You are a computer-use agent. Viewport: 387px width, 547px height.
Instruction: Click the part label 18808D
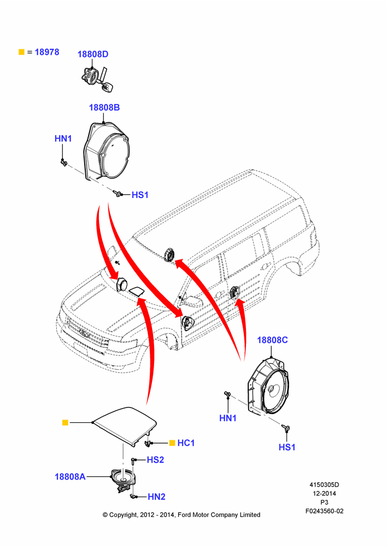93,54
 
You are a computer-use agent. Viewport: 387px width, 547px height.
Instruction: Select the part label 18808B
104,107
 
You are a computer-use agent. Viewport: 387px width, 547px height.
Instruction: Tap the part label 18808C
272,340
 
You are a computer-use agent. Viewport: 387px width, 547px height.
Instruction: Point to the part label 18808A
70,476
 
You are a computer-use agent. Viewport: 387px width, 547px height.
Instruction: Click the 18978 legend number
47,52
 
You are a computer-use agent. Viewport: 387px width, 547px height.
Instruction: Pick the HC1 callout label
186,443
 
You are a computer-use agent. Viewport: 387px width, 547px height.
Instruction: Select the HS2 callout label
155,460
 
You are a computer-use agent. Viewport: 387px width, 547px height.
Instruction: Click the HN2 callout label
156,497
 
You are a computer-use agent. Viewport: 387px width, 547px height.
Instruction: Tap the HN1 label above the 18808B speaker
63,138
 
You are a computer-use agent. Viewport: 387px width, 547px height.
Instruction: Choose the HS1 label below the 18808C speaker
287,447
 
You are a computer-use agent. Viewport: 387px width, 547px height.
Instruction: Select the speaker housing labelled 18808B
107,151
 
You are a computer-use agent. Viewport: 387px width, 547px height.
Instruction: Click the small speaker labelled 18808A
123,480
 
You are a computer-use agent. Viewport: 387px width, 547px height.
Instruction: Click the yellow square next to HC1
172,443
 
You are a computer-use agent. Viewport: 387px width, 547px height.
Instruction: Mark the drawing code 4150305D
324,485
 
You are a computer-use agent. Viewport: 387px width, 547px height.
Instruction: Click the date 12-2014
324,493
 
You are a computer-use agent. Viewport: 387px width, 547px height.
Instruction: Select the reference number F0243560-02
325,511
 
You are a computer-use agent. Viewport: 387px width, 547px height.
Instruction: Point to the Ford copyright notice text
181,515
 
